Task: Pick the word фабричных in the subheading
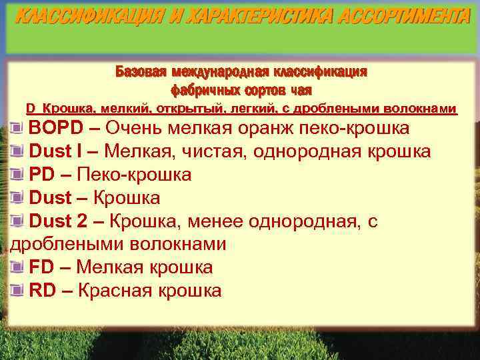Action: (x=200, y=89)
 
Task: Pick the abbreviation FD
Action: (x=41, y=267)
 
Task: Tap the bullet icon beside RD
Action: (x=17, y=290)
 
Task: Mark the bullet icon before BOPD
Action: (x=17, y=128)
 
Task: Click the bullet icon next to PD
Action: (x=17, y=175)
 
